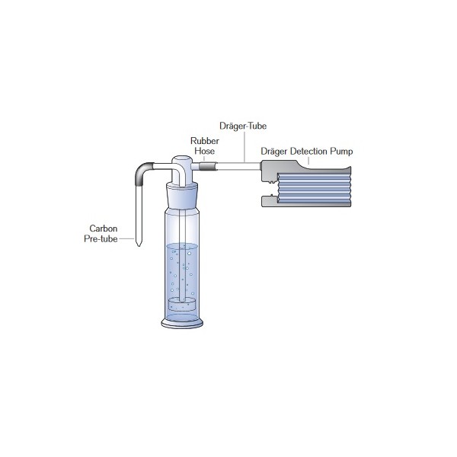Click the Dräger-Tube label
[241, 126]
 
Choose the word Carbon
[104, 228]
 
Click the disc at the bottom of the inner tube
[182, 304]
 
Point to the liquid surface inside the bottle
[182, 245]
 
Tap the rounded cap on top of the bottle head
[182, 160]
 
